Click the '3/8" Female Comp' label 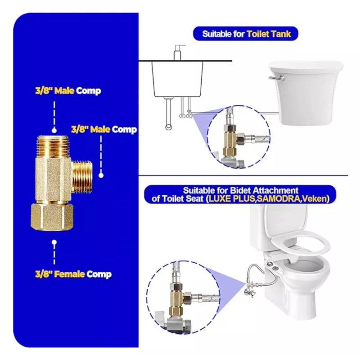[73, 274]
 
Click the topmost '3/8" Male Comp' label [68, 91]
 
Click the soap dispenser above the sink [177, 53]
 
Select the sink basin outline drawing [177, 79]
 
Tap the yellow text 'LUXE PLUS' [229, 198]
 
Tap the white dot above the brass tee [54, 130]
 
